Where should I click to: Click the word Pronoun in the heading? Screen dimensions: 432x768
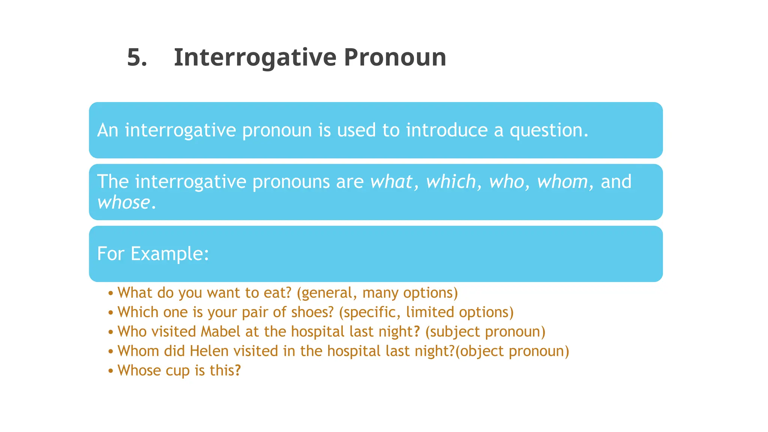point(395,58)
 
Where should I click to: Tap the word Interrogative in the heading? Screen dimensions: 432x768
point(255,58)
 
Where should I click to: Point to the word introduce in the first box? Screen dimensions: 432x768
point(447,130)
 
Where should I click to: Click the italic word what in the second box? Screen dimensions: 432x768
point(391,182)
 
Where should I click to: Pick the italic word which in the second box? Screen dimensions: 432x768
point(451,182)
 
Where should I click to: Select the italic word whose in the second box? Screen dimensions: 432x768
point(123,202)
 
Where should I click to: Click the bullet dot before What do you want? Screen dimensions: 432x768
point(111,293)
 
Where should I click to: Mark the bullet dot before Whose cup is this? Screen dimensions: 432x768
point(111,371)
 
